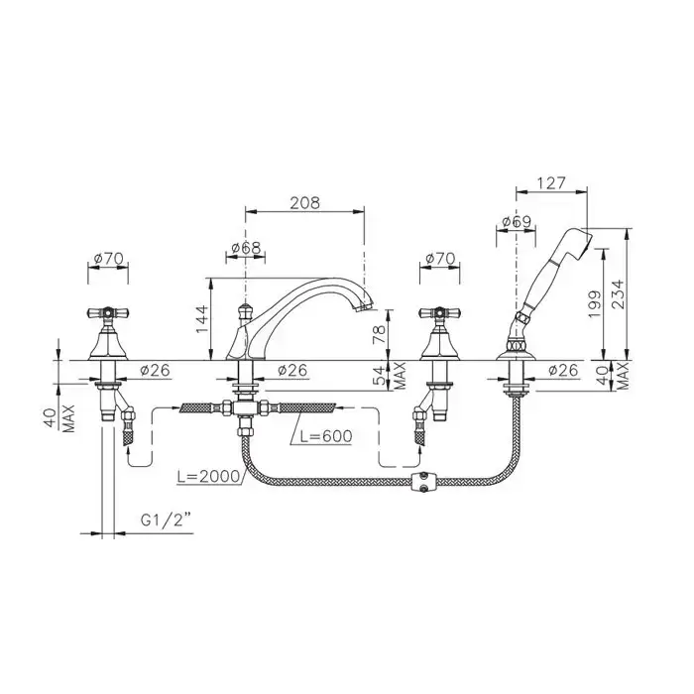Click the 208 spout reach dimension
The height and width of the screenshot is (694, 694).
pyautogui.click(x=304, y=202)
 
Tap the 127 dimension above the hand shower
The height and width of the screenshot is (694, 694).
pyautogui.click(x=551, y=182)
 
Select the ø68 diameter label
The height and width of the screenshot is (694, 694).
pyautogui.click(x=246, y=248)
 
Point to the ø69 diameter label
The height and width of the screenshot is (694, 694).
pyautogui.click(x=517, y=221)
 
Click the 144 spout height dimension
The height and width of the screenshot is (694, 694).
pyautogui.click(x=202, y=319)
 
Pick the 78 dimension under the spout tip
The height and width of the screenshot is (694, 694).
pyautogui.click(x=379, y=334)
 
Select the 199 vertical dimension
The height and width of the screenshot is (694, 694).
pyautogui.click(x=595, y=303)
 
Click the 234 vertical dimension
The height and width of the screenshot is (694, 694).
pyautogui.click(x=618, y=293)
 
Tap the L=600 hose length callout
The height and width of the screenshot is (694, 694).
pyautogui.click(x=326, y=436)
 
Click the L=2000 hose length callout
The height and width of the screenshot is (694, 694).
pyautogui.click(x=208, y=476)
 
